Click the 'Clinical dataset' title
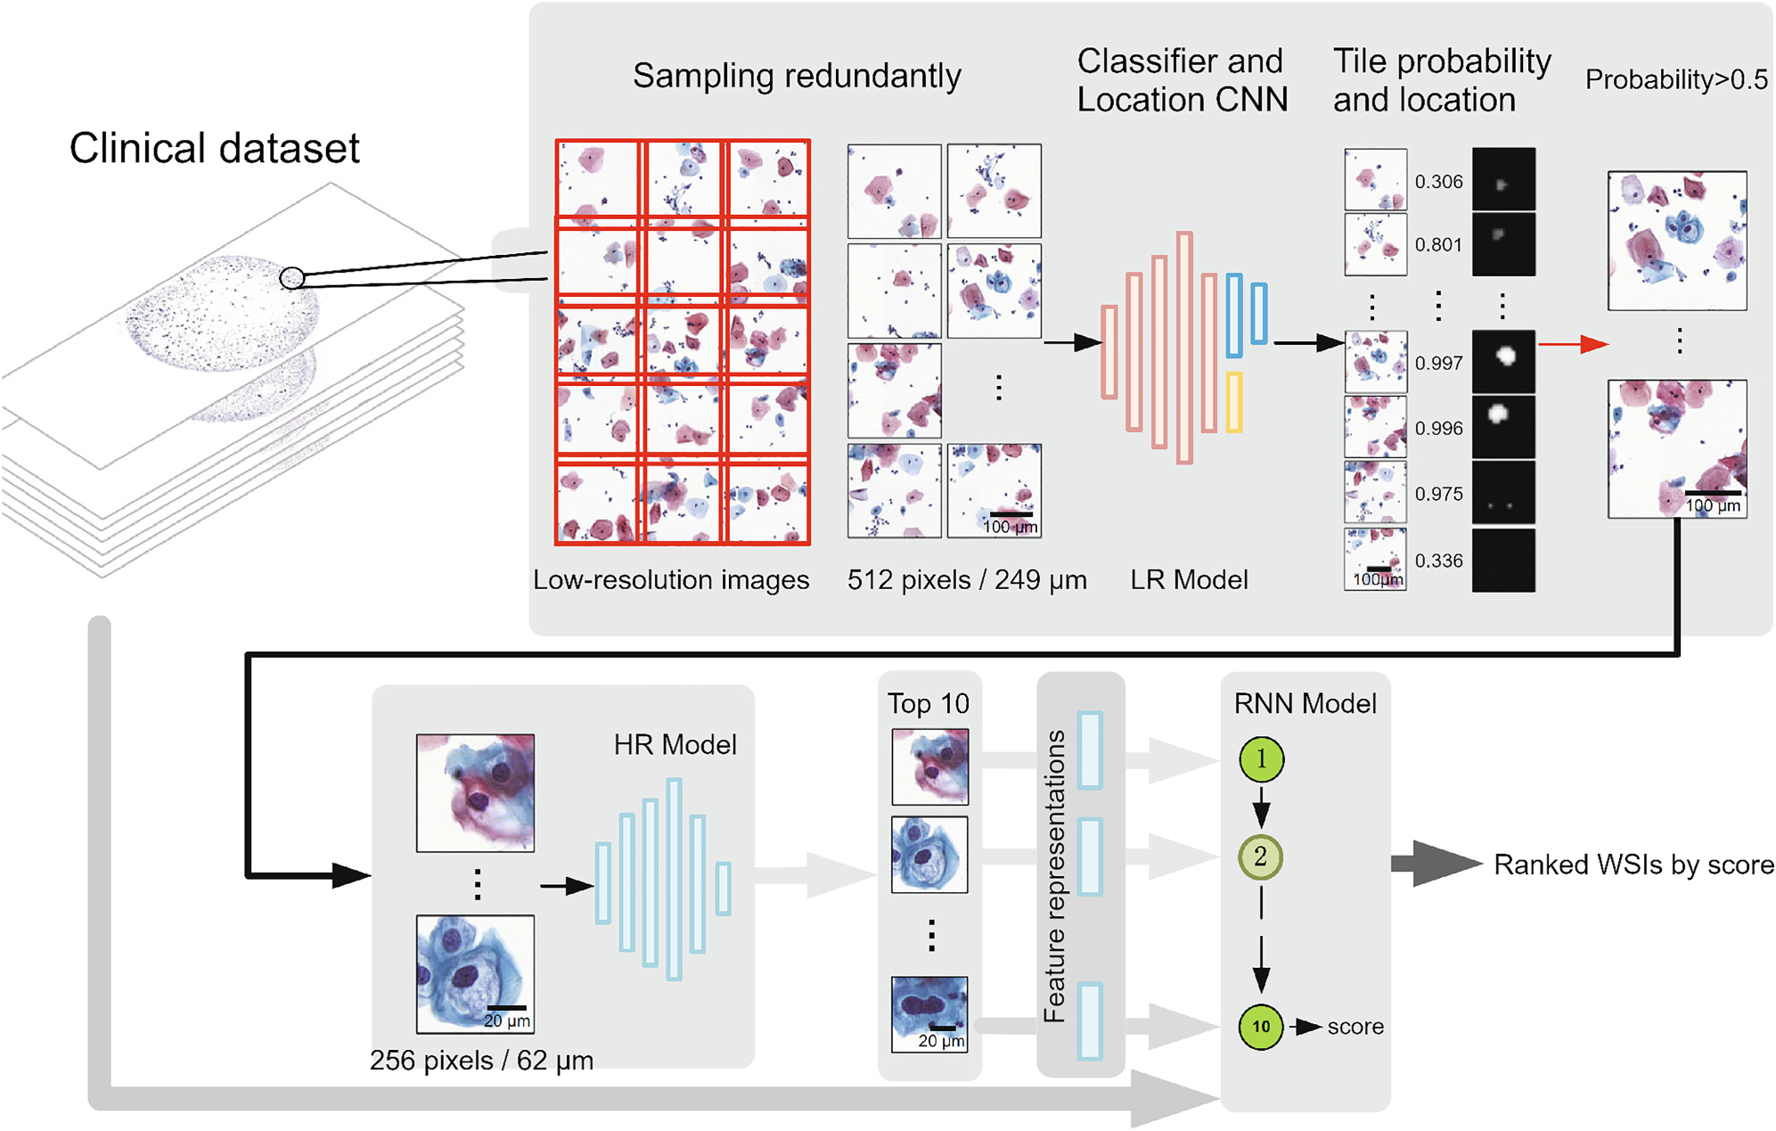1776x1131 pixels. click(x=214, y=148)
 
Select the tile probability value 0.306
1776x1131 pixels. click(x=1438, y=182)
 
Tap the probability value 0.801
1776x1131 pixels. click(x=1438, y=245)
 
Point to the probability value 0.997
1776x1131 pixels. click(x=1438, y=364)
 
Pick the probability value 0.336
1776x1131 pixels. click(x=1438, y=561)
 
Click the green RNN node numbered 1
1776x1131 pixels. click(x=1261, y=759)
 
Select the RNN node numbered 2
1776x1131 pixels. click(x=1260, y=857)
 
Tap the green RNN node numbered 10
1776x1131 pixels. click(x=1261, y=1027)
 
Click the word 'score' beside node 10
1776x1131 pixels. click(x=1355, y=1027)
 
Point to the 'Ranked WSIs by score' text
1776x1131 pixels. click(x=1633, y=865)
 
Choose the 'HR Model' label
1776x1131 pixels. click(x=675, y=745)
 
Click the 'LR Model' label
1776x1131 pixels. click(x=1189, y=580)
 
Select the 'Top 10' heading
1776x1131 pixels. click(x=928, y=704)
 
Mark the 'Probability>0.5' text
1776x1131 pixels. click(x=1676, y=80)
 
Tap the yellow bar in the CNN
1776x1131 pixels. click(x=1234, y=402)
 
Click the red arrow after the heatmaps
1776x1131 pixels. click(x=1573, y=344)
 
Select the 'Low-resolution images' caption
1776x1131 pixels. click(x=671, y=580)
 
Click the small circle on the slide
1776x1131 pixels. click(x=291, y=278)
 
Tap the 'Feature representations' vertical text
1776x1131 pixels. click(x=1055, y=875)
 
